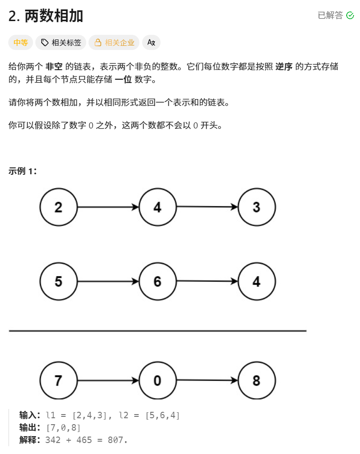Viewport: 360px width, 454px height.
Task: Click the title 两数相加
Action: pos(46,16)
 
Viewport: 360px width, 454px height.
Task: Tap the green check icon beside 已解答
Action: pos(350,16)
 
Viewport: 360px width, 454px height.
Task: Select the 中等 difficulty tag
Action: pos(21,43)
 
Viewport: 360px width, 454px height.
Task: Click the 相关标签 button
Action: pos(61,43)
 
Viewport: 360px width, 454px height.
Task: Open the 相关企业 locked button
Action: pos(114,43)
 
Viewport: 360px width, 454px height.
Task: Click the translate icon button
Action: pos(151,43)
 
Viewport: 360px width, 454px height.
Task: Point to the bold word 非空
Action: pos(54,66)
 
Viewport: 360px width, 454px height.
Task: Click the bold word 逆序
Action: pos(284,66)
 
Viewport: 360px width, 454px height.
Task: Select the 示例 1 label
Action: pos(22,171)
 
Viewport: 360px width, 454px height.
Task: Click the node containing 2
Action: pos(58,207)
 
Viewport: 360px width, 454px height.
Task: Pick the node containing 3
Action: pos(257,207)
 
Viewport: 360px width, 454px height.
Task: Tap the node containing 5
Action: pos(58,281)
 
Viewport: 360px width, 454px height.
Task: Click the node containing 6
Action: pos(157,281)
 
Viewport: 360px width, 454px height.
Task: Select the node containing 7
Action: pos(58,381)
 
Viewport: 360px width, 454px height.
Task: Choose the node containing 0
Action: pos(157,381)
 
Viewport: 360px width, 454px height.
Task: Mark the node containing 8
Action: pos(257,381)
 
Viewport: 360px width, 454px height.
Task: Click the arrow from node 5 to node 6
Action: pos(108,281)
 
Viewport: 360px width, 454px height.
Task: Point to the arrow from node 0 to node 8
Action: pos(207,380)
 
